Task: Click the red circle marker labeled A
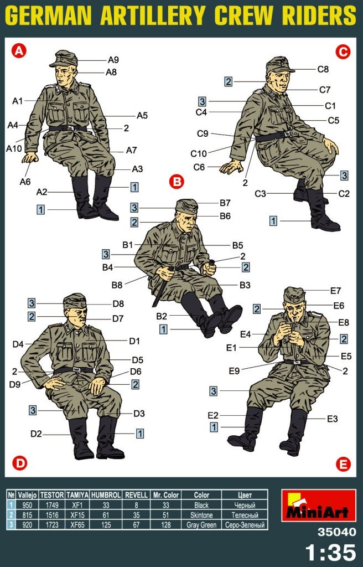[x=19, y=51]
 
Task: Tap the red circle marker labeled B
[x=177, y=181]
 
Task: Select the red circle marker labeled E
[x=343, y=463]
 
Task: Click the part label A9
[x=113, y=60]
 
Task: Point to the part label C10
[x=199, y=154]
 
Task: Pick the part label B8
[x=117, y=285]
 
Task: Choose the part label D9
[x=15, y=384]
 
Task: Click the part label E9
[x=234, y=370]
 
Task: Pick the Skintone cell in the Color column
[x=201, y=515]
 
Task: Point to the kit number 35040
[x=336, y=532]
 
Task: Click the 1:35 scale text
[x=330, y=552]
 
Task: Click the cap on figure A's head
[x=64, y=59]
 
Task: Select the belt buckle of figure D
[x=76, y=369]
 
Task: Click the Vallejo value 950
[x=27, y=505]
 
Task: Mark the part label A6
[x=25, y=182]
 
